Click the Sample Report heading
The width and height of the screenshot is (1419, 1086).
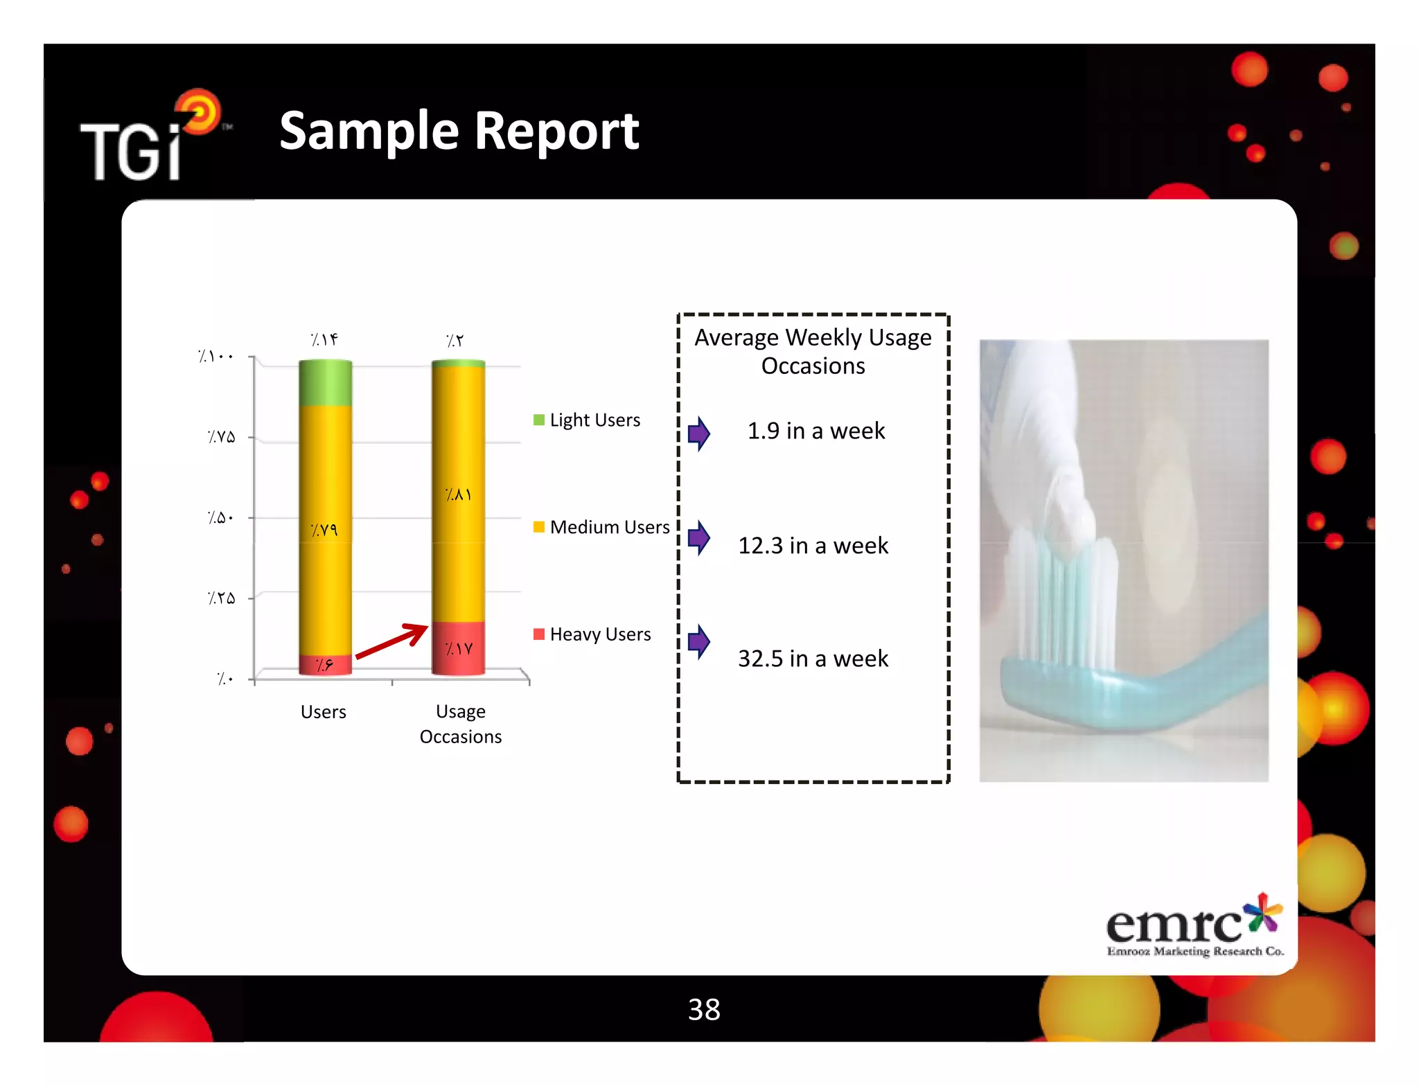[x=459, y=132]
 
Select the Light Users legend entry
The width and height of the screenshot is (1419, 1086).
[x=587, y=420]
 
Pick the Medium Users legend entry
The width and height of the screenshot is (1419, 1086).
[x=601, y=527]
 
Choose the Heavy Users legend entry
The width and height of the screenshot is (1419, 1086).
[x=592, y=634]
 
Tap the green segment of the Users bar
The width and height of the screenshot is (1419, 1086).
[x=325, y=382]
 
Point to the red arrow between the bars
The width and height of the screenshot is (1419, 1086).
[x=392, y=641]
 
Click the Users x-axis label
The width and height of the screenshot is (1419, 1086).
[x=323, y=711]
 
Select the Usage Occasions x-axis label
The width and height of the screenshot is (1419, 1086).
[x=461, y=724]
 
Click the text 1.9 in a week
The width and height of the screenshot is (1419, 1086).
[x=816, y=431]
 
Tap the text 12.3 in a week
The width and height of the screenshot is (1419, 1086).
[x=813, y=546]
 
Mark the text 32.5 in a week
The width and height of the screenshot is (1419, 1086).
[x=813, y=658]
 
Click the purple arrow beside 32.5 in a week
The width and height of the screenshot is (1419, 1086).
[x=698, y=642]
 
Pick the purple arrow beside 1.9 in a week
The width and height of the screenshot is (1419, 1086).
[x=698, y=434]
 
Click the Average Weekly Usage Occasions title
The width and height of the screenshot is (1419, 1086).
[x=813, y=351]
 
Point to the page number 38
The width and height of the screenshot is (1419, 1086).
[x=704, y=1009]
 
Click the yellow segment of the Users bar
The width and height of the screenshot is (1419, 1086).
[x=325, y=530]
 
